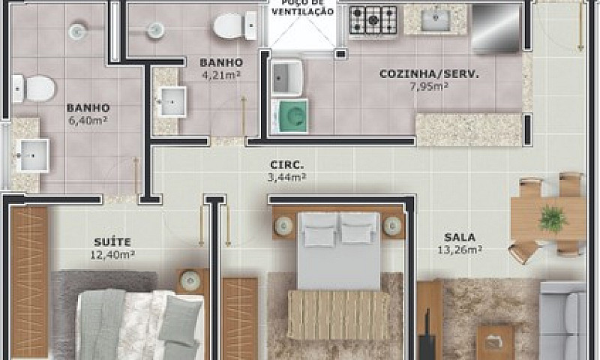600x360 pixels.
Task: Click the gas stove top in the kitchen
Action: click(x=373, y=21)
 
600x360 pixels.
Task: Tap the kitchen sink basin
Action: click(x=436, y=20)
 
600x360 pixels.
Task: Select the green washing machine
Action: click(x=289, y=116)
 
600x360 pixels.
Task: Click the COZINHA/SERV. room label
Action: click(x=429, y=73)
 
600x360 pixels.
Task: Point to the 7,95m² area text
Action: click(x=429, y=86)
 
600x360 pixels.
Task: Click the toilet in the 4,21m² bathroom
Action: click(x=235, y=25)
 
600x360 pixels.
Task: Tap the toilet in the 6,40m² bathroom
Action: click(x=34, y=88)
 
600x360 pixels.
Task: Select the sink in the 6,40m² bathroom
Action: click(x=34, y=155)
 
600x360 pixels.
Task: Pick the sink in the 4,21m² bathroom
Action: click(x=172, y=102)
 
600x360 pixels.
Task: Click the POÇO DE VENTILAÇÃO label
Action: click(x=303, y=7)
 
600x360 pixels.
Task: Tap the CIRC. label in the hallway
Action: click(x=287, y=165)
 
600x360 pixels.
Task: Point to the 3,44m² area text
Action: click(x=287, y=178)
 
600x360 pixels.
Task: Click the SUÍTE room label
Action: click(x=112, y=242)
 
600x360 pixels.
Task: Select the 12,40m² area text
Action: click(x=112, y=255)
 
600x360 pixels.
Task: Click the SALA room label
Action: click(x=460, y=237)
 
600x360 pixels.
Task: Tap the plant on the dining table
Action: click(x=553, y=220)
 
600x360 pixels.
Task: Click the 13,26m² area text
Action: click(x=460, y=250)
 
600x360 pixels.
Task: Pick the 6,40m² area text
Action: click(x=88, y=121)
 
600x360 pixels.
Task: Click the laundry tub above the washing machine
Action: click(x=287, y=78)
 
